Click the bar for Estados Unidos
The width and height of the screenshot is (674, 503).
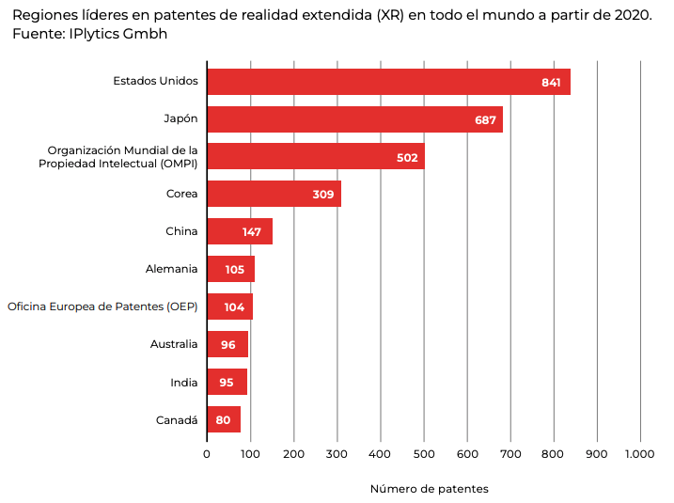click(x=388, y=82)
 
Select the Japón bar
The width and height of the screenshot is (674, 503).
click(x=354, y=119)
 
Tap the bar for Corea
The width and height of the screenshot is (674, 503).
click(x=274, y=194)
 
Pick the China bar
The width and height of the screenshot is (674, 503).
click(x=240, y=231)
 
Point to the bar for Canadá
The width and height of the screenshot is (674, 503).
click(x=224, y=419)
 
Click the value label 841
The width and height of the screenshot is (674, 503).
click(x=551, y=83)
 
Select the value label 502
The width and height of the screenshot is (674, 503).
click(x=407, y=158)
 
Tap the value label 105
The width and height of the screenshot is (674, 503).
click(x=234, y=270)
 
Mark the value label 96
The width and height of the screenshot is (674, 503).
click(x=227, y=345)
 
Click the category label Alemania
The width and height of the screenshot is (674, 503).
click(x=171, y=269)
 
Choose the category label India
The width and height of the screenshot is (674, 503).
click(x=183, y=382)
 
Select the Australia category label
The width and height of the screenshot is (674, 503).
click(x=174, y=344)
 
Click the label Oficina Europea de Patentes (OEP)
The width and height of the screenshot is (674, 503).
click(x=102, y=307)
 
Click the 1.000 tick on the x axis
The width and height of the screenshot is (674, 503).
click(x=639, y=454)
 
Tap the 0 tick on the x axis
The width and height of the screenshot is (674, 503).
click(x=207, y=454)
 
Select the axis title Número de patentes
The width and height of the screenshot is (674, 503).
click(x=429, y=489)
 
